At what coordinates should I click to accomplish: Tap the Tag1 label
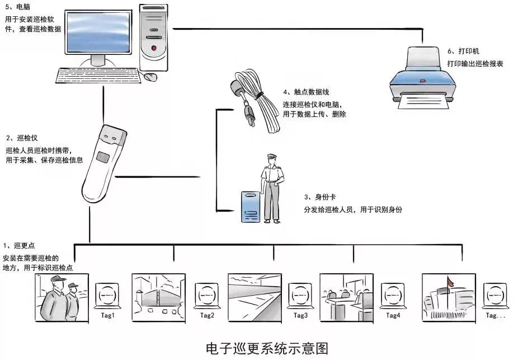(x=107, y=315)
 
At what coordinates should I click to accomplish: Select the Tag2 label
(x=207, y=315)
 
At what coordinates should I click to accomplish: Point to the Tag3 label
(x=300, y=315)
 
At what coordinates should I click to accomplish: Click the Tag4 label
(x=393, y=315)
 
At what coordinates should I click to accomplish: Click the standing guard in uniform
(x=271, y=188)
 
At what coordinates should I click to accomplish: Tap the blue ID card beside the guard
(x=250, y=207)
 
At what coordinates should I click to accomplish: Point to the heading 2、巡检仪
(x=22, y=138)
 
